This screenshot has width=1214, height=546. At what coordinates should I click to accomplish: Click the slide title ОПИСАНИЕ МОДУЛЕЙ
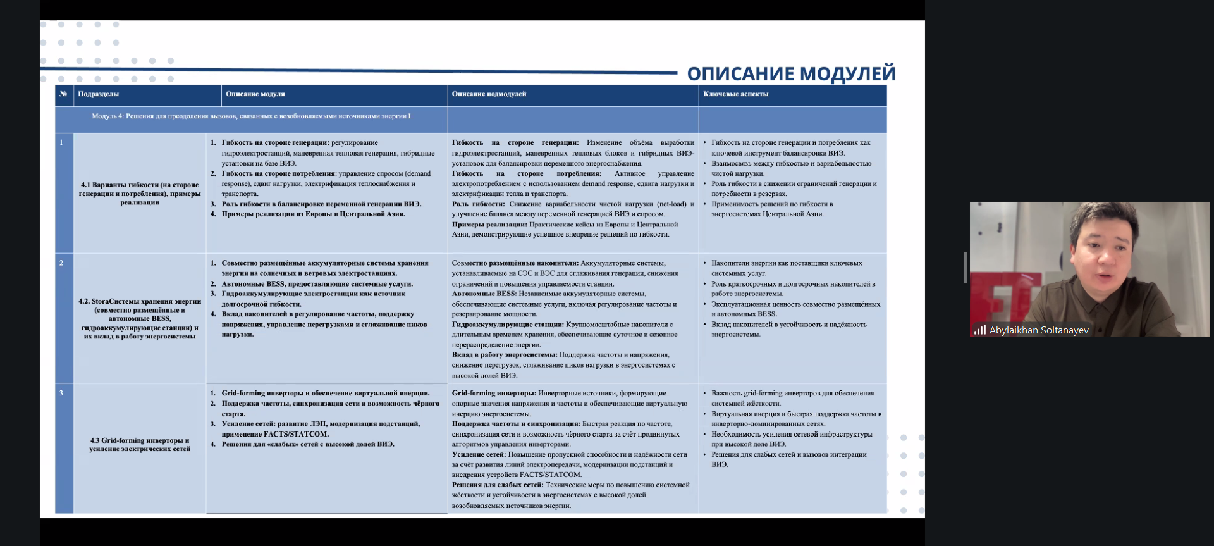point(791,74)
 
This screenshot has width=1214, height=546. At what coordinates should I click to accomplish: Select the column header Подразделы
point(98,94)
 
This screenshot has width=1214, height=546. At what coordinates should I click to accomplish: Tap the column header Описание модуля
point(255,94)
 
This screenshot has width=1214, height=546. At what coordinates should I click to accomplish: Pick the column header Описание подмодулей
point(489,94)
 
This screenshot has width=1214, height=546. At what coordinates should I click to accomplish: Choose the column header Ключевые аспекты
point(735,94)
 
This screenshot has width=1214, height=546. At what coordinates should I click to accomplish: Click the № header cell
point(63,94)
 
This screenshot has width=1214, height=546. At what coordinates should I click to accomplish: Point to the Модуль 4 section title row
point(251,116)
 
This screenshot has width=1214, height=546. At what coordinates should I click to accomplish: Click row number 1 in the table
point(61,143)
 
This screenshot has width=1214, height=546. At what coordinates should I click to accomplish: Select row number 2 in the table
point(61,263)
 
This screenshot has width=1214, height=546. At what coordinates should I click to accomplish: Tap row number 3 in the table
point(61,393)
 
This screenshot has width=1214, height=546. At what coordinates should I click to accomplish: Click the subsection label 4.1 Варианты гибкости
point(140,194)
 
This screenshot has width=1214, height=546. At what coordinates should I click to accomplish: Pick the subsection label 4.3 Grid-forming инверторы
point(140,444)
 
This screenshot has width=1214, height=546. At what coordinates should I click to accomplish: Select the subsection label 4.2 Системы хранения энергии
point(140,319)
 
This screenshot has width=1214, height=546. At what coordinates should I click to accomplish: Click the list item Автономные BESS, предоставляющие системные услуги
point(317,284)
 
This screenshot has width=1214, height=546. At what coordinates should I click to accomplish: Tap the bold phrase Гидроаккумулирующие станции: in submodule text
point(508,325)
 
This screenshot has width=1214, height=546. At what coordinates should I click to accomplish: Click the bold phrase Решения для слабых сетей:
point(497,485)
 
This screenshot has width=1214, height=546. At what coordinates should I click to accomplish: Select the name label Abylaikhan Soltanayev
point(1039,330)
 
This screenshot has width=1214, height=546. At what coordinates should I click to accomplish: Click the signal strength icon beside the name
point(980,330)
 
